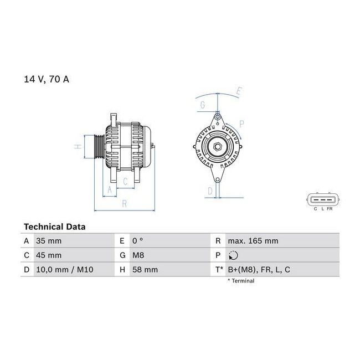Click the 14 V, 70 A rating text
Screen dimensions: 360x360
47,79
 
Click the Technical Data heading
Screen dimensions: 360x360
55,227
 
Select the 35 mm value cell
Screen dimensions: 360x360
49,241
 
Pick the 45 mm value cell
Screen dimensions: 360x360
49,255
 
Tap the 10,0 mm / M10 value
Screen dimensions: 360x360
65,270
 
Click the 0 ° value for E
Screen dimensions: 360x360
137,241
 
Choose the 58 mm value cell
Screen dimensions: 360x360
145,270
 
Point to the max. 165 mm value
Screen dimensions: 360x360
253,241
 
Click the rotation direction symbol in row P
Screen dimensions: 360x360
233,255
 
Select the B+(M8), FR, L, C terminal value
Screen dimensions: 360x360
259,270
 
